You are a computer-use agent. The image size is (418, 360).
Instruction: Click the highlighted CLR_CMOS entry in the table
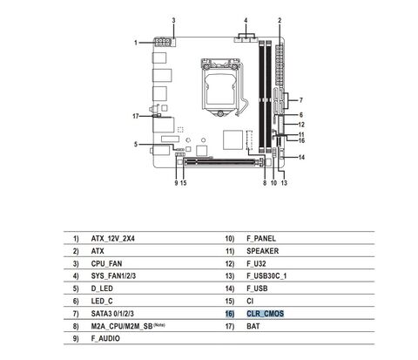coord(265,314)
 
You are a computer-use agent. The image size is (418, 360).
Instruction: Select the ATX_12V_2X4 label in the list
coord(113,239)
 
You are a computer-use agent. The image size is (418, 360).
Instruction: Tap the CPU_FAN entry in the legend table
coord(106,264)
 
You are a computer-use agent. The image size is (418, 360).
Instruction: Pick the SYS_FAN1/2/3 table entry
coord(113,275)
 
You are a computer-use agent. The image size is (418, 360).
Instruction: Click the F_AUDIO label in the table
coord(105,338)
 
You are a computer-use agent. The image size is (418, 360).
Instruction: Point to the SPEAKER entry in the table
coord(263,251)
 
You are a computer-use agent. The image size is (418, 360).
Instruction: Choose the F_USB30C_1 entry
coord(266,276)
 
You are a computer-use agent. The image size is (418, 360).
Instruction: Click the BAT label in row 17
coord(253,326)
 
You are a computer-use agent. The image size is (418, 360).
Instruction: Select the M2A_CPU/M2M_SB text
coord(122,326)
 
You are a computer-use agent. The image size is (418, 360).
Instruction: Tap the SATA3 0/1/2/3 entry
coord(112,314)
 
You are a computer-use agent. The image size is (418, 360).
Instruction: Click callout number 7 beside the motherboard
coord(301,100)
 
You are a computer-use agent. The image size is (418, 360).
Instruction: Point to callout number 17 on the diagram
coord(136,116)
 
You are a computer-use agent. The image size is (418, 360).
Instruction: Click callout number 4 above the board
coord(246,21)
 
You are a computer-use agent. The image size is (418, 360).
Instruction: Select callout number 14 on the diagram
coord(301,158)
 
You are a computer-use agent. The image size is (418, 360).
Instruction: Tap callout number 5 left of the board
coord(136,144)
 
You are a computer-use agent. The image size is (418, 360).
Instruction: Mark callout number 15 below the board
coord(184,183)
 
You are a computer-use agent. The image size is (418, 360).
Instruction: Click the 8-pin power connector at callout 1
coord(162,43)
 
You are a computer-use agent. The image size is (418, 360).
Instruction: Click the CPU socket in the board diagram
coord(221,87)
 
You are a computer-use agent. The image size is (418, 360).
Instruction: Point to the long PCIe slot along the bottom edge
coord(224,161)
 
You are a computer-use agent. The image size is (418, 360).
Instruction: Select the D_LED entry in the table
coord(102,289)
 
